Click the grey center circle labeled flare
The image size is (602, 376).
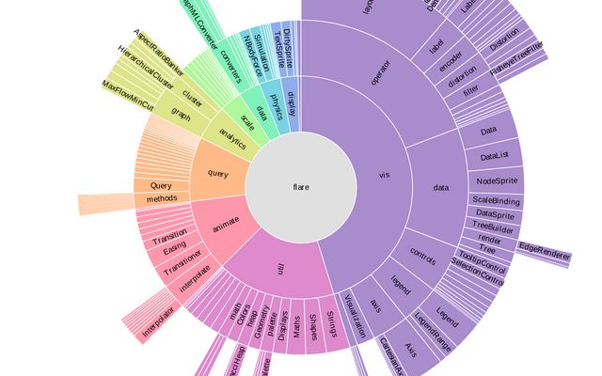[x=300, y=187]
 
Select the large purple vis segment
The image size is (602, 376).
[x=383, y=175]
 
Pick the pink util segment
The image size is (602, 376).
[x=280, y=269]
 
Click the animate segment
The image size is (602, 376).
[x=226, y=222]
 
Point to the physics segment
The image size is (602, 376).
[x=276, y=102]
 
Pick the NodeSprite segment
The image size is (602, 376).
[x=495, y=180]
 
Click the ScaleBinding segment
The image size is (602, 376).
[x=496, y=201]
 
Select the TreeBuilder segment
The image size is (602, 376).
[x=492, y=227]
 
